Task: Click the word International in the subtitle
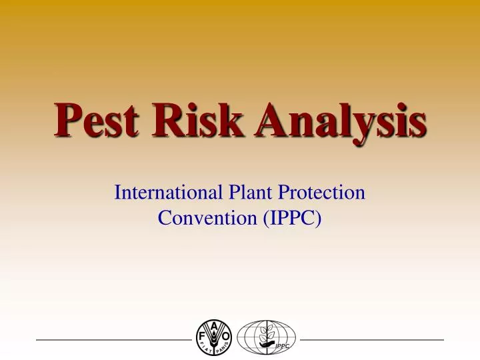pos(170,193)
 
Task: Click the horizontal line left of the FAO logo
pos(113,340)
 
